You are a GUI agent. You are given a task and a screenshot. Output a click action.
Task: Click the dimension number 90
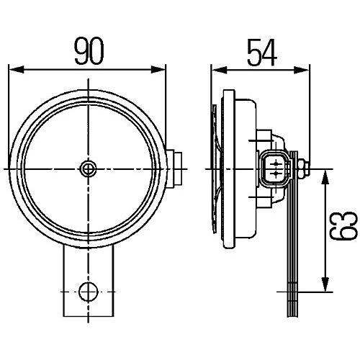pyautogui.click(x=89, y=51)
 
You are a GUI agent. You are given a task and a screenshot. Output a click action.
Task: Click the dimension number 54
pyautogui.click(x=262, y=53)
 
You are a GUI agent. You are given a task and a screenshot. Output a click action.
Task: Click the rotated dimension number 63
pyautogui.click(x=344, y=226)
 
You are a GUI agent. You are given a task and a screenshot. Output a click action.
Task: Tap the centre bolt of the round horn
pyautogui.click(x=89, y=169)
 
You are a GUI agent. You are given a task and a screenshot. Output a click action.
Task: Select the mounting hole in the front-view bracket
pyautogui.click(x=89, y=292)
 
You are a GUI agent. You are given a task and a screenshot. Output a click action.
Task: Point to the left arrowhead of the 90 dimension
pyautogui.click(x=17, y=70)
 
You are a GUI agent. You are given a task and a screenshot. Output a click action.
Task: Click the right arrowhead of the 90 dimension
pyautogui.click(x=158, y=70)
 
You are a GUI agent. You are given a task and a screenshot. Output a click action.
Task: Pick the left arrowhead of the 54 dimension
pyautogui.click(x=219, y=71)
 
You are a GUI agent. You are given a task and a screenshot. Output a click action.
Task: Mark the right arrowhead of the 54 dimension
pyautogui.click(x=302, y=71)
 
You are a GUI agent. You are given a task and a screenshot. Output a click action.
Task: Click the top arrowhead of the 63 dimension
pyautogui.click(x=325, y=177)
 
